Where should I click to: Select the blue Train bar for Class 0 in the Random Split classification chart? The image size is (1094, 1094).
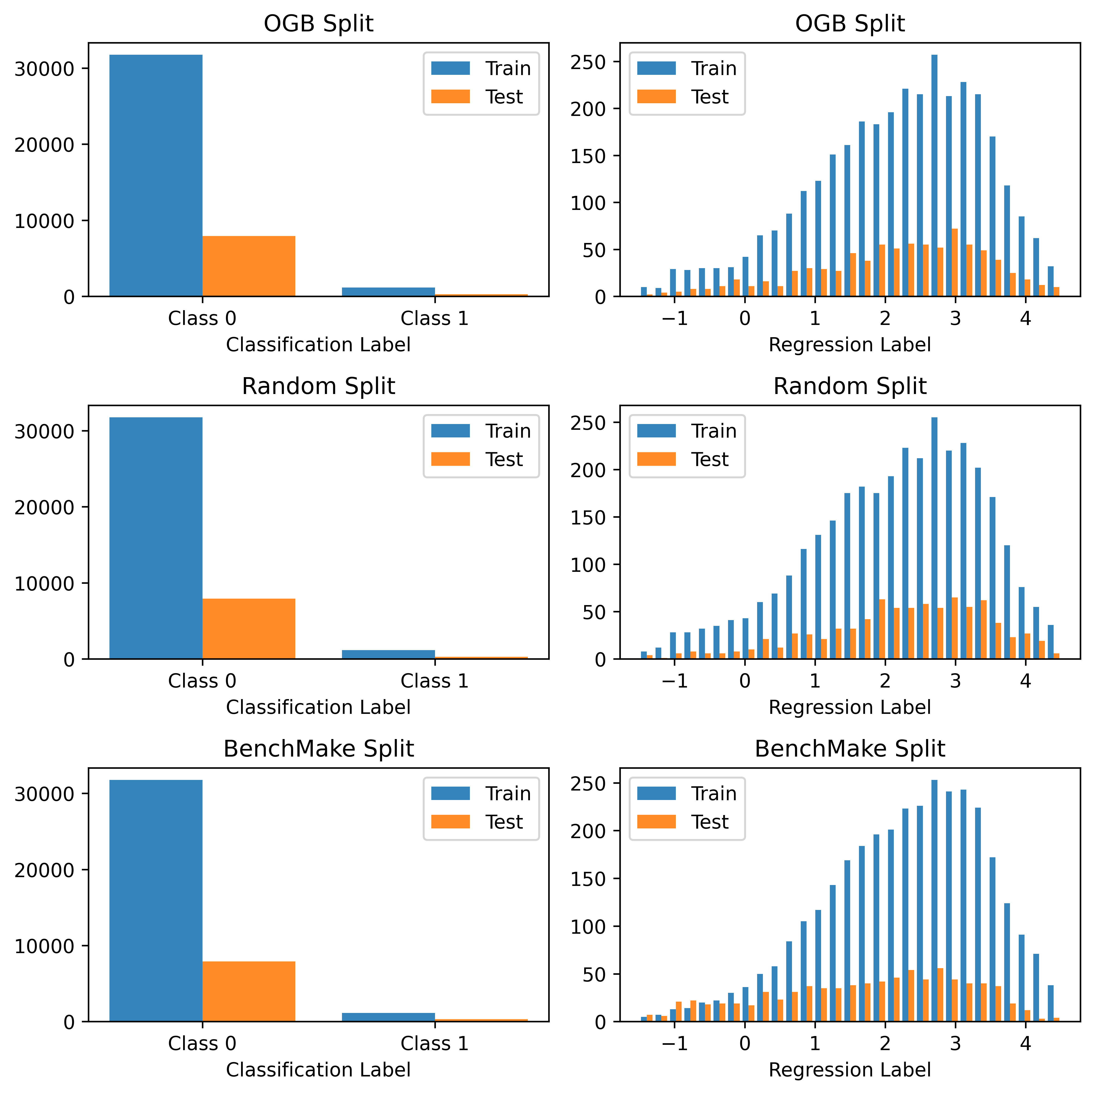156,538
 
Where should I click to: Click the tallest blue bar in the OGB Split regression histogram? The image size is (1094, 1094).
934,176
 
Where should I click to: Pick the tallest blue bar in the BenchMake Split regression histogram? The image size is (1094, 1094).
934,900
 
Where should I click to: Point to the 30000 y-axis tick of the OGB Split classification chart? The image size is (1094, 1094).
44,69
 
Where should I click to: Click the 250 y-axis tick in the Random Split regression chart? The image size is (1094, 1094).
589,423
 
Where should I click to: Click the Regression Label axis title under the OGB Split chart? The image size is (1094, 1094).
849,345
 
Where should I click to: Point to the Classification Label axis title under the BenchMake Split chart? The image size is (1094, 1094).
318,1070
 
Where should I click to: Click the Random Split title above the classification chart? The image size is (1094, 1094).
318,386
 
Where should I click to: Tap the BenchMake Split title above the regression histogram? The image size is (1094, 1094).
849,749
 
